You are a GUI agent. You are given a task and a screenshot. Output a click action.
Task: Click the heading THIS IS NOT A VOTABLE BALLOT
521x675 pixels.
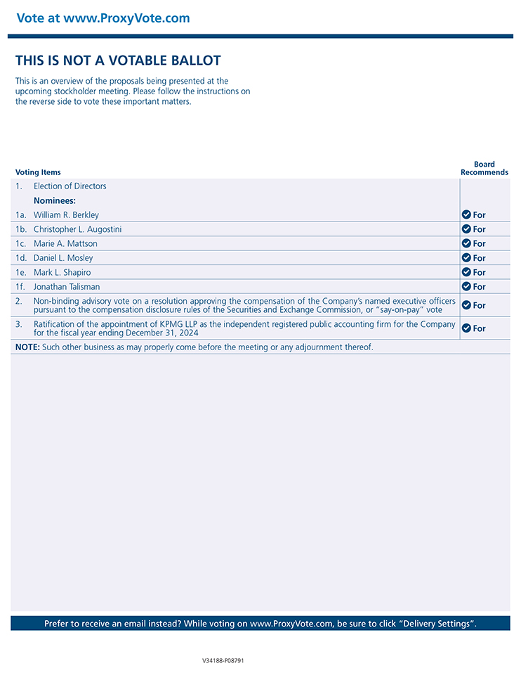pos(118,60)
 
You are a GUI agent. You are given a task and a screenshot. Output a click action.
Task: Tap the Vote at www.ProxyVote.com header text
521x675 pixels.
pos(103,18)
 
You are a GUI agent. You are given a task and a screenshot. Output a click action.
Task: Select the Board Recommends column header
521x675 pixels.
pos(484,168)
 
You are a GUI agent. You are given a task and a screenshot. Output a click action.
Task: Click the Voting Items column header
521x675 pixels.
pos(38,172)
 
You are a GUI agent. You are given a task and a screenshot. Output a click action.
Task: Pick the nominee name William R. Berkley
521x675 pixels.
pos(66,215)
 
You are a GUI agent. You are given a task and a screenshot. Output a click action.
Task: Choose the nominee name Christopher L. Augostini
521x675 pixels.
pos(77,229)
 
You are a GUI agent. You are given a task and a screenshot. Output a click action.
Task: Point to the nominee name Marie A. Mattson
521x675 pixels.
pos(65,244)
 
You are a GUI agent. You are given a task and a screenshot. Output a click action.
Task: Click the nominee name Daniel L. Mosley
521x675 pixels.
pos(63,258)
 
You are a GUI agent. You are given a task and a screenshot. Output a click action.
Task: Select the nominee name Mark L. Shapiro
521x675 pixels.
pos(62,272)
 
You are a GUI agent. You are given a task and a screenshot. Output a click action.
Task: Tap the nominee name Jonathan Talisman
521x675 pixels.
pos(67,287)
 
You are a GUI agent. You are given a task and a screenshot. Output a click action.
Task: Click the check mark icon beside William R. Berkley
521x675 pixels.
pos(466,214)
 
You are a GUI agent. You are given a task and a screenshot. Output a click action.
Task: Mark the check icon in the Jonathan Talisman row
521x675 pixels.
pos(466,286)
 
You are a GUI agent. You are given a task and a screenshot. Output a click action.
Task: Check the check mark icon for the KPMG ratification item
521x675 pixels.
pos(466,328)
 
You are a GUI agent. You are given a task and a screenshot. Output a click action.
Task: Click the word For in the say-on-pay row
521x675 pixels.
pos(480,305)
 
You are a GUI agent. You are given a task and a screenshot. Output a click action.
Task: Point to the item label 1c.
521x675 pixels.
pos(21,244)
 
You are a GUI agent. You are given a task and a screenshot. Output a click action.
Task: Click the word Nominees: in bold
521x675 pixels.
pos(55,200)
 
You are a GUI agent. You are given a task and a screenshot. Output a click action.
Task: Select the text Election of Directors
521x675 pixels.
pos(70,186)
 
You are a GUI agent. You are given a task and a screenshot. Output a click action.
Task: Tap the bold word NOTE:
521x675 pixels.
pos(27,347)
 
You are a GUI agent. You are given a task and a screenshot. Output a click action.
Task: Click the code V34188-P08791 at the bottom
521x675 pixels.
pos(223,661)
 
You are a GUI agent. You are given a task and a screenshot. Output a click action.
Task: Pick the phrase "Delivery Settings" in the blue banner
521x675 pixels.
pos(437,624)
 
